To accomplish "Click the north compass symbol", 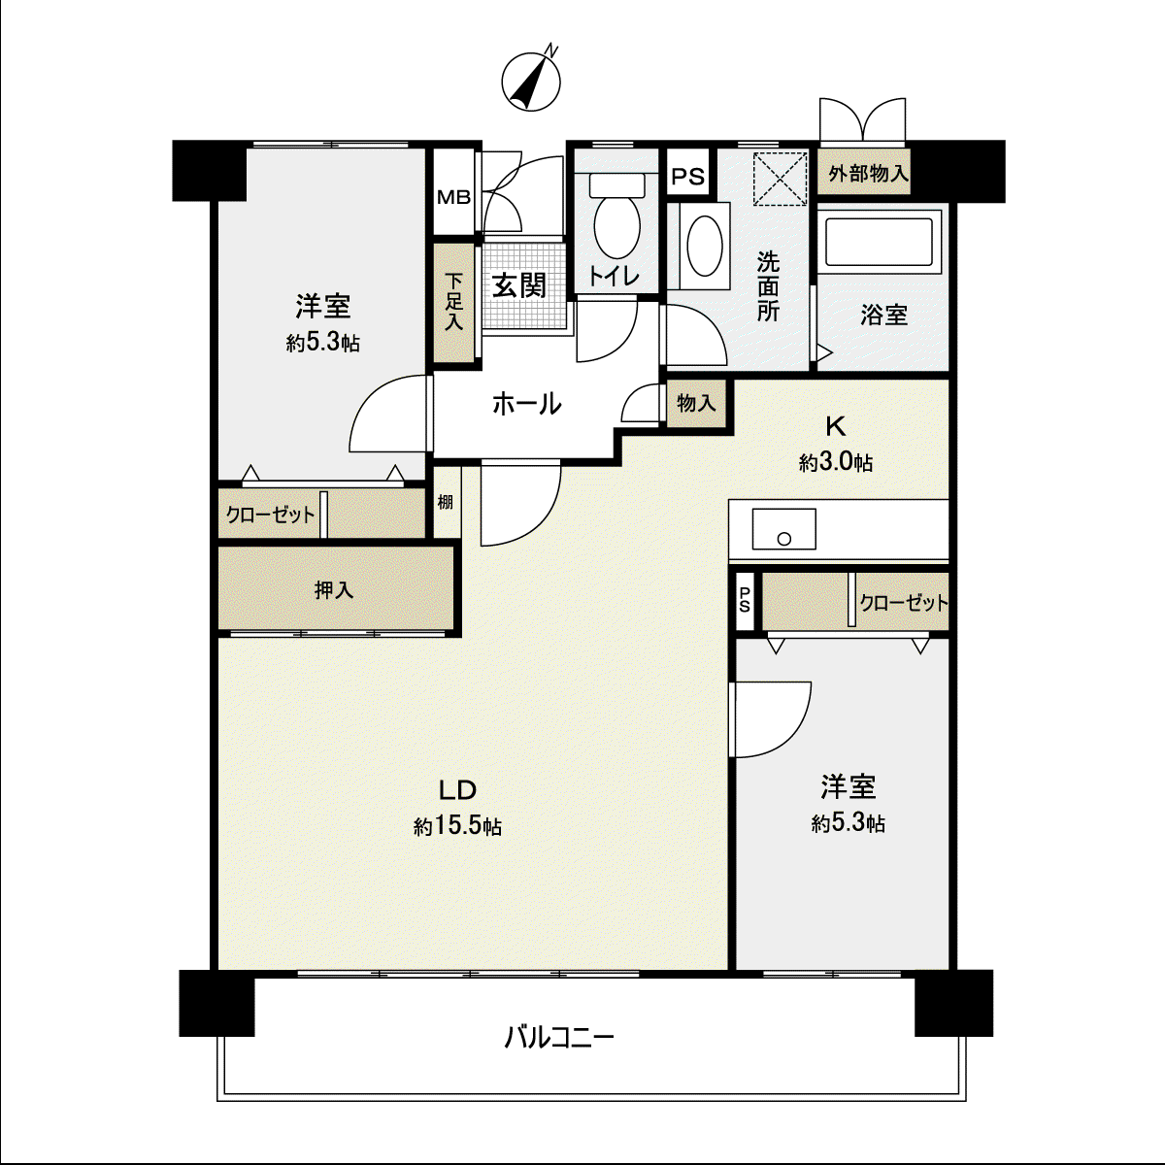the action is tap(531, 81).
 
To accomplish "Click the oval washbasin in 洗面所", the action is tap(704, 247).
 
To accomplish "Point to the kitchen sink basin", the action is tap(783, 528).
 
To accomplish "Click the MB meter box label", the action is tap(453, 197).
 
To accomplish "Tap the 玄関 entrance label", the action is tap(518, 285).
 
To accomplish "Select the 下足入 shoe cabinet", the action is tap(453, 302).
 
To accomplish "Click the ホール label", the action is tap(526, 404).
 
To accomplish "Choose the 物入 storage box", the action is tap(696, 403).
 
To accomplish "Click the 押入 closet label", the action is tap(334, 589).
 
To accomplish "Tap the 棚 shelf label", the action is tap(446, 502).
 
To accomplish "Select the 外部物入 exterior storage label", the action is tap(868, 174).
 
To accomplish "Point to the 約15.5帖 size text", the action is tap(457, 826).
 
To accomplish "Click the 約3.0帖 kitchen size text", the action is tap(836, 462).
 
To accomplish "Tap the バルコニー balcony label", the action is tap(559, 1038).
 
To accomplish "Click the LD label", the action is tap(457, 789).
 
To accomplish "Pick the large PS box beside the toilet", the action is tap(688, 176).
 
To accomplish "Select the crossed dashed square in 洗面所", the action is tap(780, 179).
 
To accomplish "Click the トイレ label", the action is tap(614, 277).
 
